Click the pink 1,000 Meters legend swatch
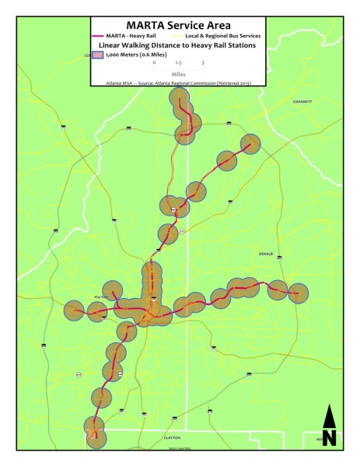click(x=98, y=55)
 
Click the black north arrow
click(x=329, y=426)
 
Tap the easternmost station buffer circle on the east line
click(x=297, y=293)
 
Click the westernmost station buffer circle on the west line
click(x=75, y=311)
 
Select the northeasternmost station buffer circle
click(x=250, y=145)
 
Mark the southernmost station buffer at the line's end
click(x=95, y=437)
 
